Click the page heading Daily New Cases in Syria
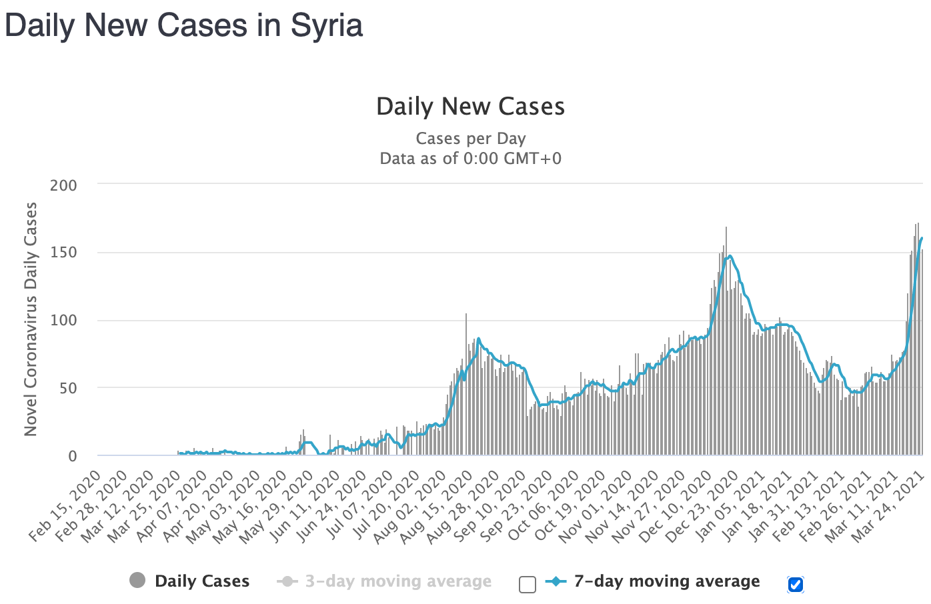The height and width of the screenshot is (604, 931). point(183,25)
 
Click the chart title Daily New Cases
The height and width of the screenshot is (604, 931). point(470,107)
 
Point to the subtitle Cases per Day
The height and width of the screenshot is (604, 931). point(470,139)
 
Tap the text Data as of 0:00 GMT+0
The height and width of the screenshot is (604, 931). point(470,159)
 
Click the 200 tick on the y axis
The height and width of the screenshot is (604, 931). point(63,185)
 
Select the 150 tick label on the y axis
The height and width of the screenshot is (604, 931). point(63,253)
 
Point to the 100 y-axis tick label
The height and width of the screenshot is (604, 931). point(63,321)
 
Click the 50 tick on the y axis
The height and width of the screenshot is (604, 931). point(67,388)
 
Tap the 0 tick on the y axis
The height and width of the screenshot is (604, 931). point(72,457)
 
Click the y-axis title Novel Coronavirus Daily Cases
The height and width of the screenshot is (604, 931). point(31,319)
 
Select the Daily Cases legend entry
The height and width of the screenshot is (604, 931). point(201,581)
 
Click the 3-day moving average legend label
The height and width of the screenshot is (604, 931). point(397,581)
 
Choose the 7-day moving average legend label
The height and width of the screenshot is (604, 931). point(666,581)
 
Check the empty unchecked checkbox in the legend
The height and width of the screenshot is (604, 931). point(528,585)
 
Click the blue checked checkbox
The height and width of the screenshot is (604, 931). point(795,585)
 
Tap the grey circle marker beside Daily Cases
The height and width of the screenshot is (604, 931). point(137,581)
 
